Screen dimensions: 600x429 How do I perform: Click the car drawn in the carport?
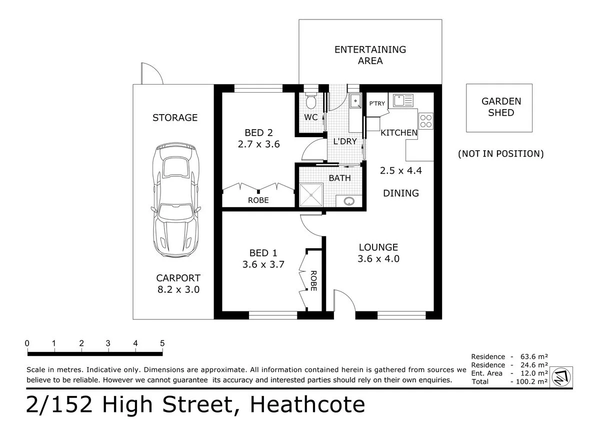pos(175,200)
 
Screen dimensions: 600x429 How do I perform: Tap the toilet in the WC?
pos(311,101)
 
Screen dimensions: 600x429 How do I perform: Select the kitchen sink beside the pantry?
pos(403,101)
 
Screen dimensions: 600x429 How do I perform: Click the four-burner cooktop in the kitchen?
pos(425,121)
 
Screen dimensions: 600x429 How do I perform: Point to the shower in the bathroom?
pos(311,195)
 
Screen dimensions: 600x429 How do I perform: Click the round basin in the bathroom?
pos(349,201)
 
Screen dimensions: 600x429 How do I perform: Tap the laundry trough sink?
pos(355,101)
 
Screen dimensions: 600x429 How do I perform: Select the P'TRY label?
pos(377,104)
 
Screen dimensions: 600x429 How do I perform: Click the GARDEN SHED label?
pos(501,107)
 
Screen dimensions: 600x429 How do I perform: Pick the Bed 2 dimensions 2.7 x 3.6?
pos(259,144)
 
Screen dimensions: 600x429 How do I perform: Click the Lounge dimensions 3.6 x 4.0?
pos(378,259)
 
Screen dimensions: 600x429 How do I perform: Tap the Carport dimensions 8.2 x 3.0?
pos(178,289)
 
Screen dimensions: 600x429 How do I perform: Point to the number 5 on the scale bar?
pos(162,343)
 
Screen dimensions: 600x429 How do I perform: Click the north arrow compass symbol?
pos(561,377)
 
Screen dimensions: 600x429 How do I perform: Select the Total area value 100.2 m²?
pos(531,381)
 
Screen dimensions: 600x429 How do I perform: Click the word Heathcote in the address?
pos(307,404)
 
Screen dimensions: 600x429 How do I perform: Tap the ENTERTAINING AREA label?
pos(370,55)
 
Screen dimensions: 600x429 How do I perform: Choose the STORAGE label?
pos(175,118)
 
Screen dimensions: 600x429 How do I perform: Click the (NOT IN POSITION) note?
pos(501,154)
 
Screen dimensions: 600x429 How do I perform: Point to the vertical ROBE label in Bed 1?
pos(313,281)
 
